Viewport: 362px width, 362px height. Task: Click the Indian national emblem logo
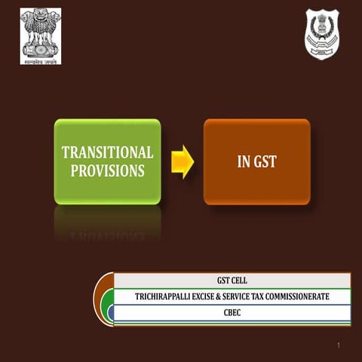point(40,33)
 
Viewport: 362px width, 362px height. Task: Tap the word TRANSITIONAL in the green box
point(107,152)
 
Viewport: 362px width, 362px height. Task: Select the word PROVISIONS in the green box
point(107,171)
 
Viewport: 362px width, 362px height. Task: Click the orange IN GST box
point(256,161)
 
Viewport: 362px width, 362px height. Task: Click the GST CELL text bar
point(232,281)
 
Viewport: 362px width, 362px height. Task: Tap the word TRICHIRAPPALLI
point(164,297)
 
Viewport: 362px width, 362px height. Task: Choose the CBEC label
point(232,312)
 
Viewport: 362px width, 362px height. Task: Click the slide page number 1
point(340,345)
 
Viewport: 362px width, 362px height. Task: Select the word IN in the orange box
point(243,161)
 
